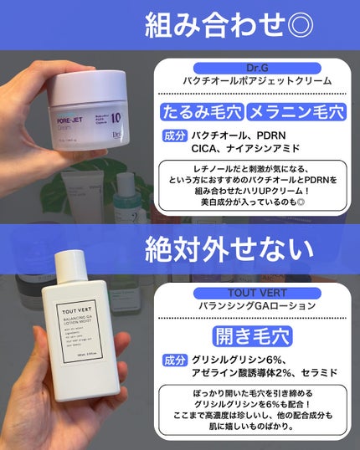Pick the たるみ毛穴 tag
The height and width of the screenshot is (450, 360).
(x=203, y=111)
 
